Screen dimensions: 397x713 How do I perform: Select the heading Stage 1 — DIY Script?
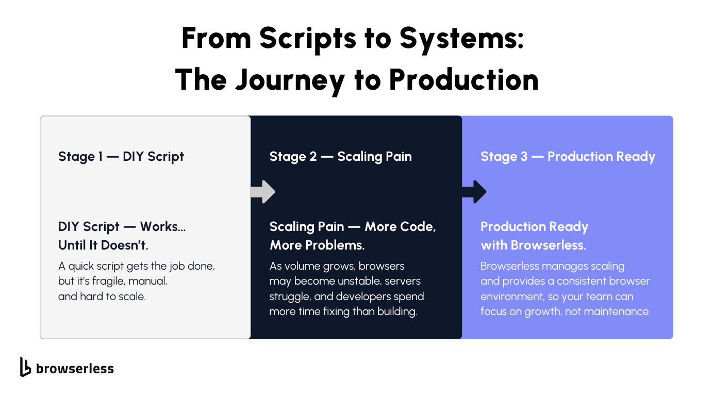tap(121, 156)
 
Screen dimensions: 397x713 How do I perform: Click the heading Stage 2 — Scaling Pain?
tap(340, 156)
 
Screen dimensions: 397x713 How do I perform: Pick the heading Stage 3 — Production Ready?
tap(568, 156)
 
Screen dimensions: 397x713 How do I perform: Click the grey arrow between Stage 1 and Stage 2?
tap(263, 192)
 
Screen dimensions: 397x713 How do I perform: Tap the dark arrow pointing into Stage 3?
tap(474, 192)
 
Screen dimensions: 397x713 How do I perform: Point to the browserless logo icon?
tap(25, 367)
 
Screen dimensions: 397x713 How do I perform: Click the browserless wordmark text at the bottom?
tap(75, 368)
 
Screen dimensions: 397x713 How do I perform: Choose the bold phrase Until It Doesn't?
tap(103, 245)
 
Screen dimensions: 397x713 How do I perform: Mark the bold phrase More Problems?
tap(317, 245)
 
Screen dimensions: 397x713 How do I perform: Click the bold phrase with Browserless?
tap(533, 245)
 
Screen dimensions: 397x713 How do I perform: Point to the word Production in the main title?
tap(463, 81)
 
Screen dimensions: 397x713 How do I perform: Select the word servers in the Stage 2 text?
tap(402, 282)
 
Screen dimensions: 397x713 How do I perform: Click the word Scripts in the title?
tap(296, 39)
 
